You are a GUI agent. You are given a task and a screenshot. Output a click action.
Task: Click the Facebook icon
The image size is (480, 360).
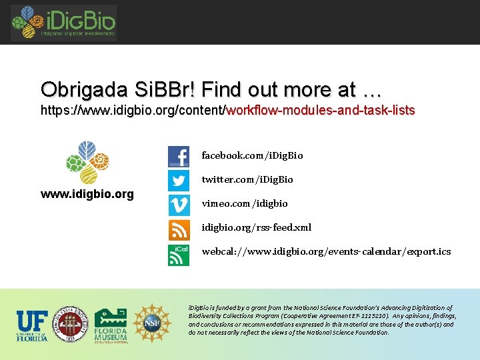[179, 157]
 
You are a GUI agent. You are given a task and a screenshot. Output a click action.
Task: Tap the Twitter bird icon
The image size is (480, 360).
[179, 180]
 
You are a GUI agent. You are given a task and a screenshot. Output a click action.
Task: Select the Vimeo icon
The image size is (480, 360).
[179, 204]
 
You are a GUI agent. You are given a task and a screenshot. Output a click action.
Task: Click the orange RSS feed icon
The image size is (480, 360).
[179, 230]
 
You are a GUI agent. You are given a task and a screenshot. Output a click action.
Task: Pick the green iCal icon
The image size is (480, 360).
[179, 255]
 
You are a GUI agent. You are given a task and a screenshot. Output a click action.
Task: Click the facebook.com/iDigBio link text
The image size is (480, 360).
[252, 155]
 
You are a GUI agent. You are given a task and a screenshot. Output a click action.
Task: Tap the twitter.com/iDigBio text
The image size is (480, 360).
[247, 179]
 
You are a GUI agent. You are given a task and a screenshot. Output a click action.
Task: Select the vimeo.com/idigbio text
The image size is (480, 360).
[245, 203]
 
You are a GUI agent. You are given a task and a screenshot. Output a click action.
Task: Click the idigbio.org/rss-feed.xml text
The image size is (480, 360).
[257, 227]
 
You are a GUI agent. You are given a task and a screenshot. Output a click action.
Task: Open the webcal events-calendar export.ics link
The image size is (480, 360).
[326, 251]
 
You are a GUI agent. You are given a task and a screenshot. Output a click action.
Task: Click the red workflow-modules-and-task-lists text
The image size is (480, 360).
[321, 110]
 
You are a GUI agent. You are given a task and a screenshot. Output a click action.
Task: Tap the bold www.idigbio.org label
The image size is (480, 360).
[87, 195]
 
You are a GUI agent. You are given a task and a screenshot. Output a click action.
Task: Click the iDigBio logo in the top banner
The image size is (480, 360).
[63, 23]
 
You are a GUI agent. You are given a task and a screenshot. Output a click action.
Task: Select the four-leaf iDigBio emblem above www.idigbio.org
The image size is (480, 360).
[87, 162]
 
